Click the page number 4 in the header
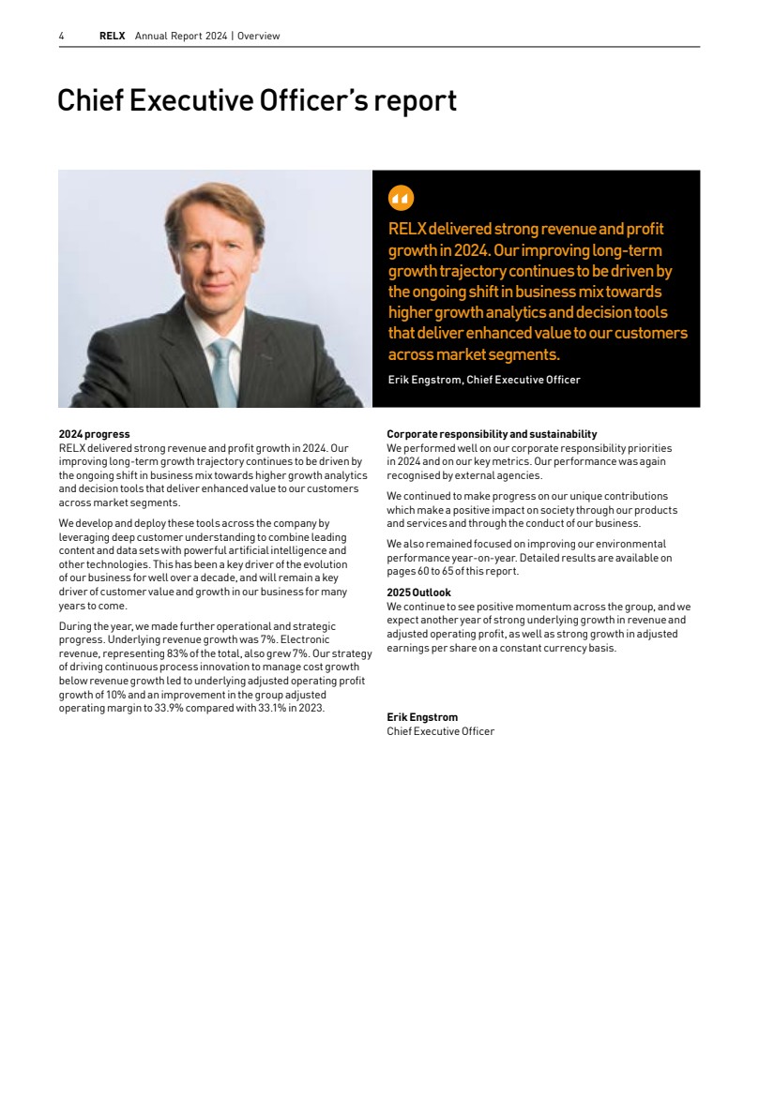click(x=61, y=37)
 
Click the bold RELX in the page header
click(x=112, y=37)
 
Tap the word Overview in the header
click(x=259, y=37)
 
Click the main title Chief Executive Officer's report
click(x=257, y=100)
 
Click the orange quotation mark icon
click(x=401, y=198)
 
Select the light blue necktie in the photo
click(x=221, y=370)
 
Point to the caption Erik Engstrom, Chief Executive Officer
click(x=484, y=380)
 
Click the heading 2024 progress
click(x=94, y=434)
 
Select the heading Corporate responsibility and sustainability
click(x=492, y=434)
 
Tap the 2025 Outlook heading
click(x=418, y=592)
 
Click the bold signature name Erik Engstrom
click(x=422, y=717)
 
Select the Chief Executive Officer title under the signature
click(x=440, y=731)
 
